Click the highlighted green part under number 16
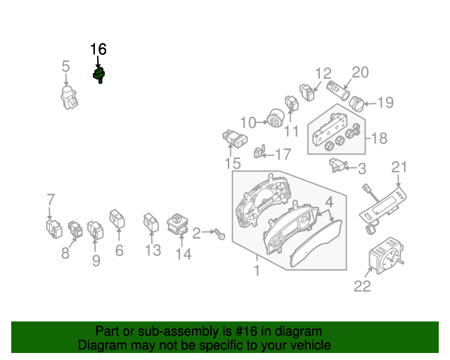(x=99, y=75)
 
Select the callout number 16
(x=98, y=49)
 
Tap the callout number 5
(x=65, y=67)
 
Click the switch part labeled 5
(x=69, y=98)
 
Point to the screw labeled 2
(x=219, y=233)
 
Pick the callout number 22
(x=361, y=285)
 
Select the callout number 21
(x=399, y=167)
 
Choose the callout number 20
(x=360, y=72)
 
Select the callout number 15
(x=233, y=164)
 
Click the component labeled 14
(x=178, y=225)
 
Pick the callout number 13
(x=153, y=250)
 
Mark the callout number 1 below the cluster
(x=257, y=270)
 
